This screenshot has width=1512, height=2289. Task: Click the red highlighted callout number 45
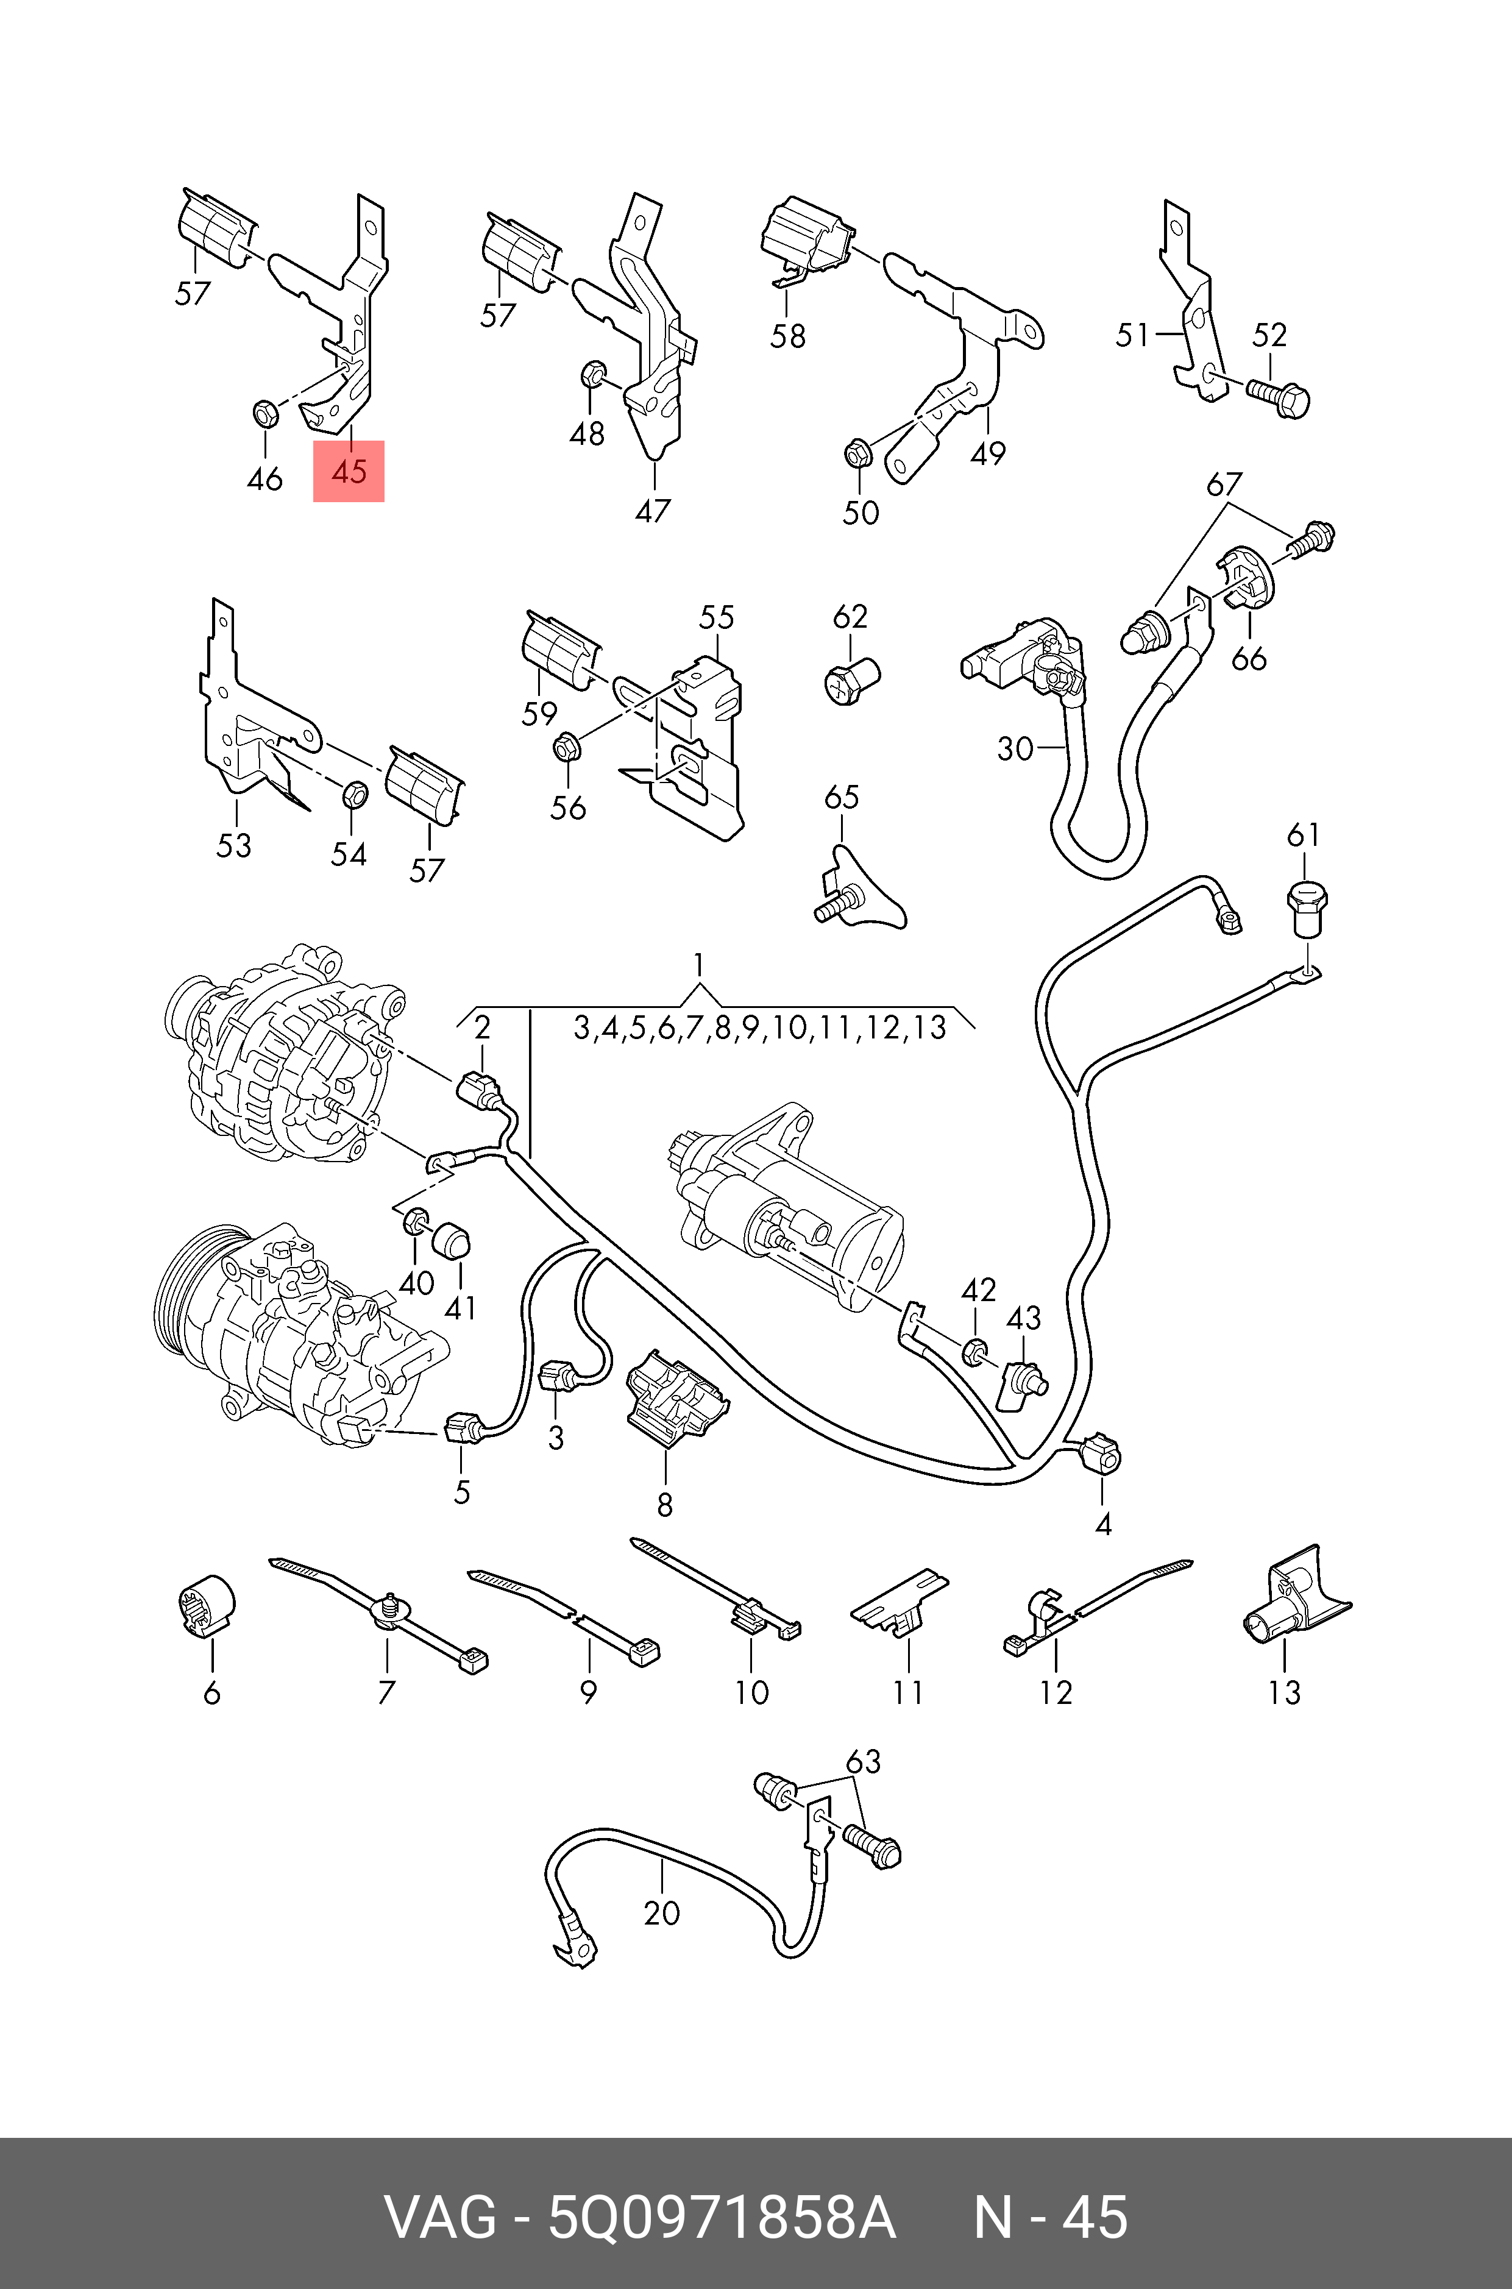348,472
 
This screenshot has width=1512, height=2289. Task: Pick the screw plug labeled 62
853,681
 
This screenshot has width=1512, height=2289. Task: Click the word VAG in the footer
441,2219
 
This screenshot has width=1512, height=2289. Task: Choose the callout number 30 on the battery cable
1015,748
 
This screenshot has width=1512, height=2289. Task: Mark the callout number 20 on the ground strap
661,1913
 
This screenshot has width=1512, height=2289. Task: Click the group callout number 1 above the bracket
698,965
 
